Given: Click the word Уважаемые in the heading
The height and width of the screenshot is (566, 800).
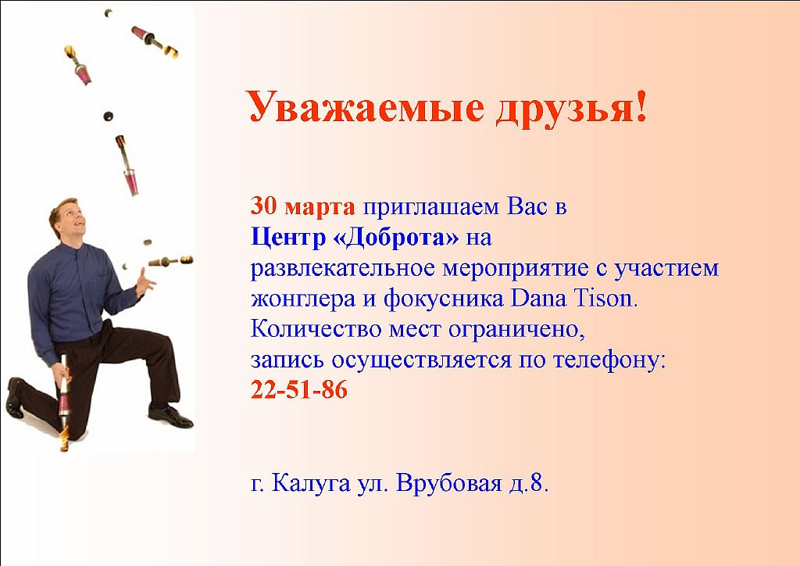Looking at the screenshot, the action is coord(366,107).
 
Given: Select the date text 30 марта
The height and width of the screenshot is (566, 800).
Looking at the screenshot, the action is coord(302,206).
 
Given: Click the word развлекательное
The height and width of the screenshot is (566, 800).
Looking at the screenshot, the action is coord(342,268).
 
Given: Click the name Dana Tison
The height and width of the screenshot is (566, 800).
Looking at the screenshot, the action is coord(574,298).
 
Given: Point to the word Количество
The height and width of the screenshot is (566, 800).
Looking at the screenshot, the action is coord(316,329).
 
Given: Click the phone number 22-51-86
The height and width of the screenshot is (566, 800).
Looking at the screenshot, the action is coord(299,390).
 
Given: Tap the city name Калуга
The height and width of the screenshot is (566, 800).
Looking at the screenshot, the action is coord(311,483).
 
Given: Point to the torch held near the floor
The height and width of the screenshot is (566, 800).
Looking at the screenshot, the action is coord(64,403).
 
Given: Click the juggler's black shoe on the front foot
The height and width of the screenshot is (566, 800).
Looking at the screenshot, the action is coord(170,415).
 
